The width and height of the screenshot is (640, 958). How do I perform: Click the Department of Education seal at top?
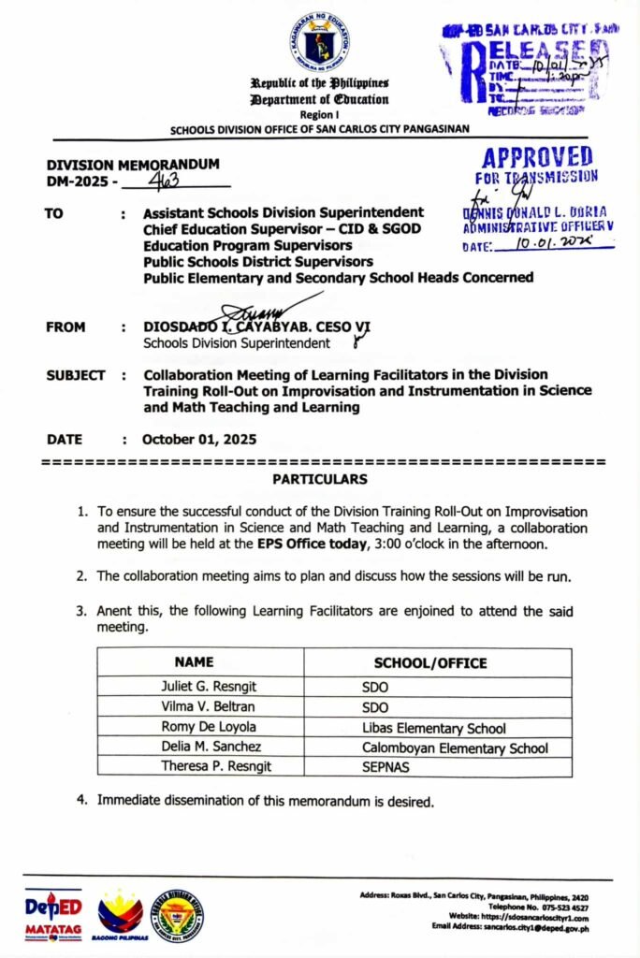coord(320,42)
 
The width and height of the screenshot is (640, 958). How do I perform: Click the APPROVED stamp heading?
coord(537,157)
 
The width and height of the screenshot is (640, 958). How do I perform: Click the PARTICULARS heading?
coord(320,479)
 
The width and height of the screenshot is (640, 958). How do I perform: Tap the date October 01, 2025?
coord(199,440)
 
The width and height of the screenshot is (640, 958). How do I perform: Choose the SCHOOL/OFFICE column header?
coord(430,663)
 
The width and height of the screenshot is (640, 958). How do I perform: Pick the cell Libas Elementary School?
coord(434,728)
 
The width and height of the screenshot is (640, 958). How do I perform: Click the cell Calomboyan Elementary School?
coord(455,748)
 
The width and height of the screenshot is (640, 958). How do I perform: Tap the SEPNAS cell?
coord(390,768)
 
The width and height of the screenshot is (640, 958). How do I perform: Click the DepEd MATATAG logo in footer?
coord(54,912)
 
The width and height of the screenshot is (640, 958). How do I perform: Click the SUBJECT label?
coord(76,375)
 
